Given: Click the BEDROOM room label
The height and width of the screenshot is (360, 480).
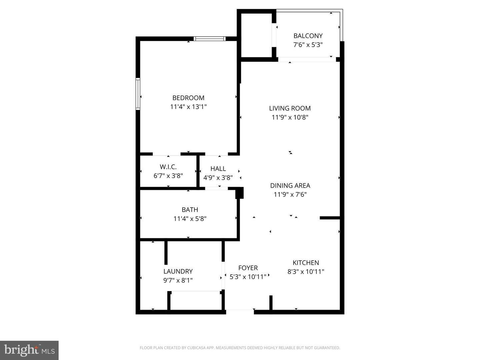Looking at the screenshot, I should click(x=188, y=98).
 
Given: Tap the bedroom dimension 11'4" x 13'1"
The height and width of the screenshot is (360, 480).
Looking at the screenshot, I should click(x=188, y=107).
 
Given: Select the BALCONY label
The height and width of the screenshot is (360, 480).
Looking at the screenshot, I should click(x=308, y=36).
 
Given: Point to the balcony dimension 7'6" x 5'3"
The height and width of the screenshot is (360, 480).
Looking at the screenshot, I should click(x=308, y=45).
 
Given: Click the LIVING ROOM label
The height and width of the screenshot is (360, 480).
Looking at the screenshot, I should click(x=290, y=108).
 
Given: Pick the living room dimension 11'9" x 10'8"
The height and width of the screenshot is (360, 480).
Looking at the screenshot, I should click(x=290, y=117).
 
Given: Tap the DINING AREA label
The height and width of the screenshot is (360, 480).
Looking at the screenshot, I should click(x=290, y=185).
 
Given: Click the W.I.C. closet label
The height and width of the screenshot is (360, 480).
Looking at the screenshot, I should click(x=168, y=167).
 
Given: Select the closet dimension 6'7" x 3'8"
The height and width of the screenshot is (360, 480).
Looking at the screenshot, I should click(x=168, y=176).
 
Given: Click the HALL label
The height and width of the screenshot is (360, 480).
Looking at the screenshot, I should click(x=218, y=169).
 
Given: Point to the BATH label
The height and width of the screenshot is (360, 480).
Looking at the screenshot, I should click(x=190, y=210).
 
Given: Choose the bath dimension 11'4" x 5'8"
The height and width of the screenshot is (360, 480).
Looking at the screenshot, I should click(x=190, y=219).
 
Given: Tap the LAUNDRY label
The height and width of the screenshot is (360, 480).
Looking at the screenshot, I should click(x=178, y=271).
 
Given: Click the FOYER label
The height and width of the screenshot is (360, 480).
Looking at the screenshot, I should click(x=248, y=268).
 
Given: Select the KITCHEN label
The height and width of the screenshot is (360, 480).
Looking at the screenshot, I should click(x=306, y=263).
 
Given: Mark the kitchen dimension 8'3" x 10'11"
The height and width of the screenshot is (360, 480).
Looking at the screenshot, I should click(x=306, y=272).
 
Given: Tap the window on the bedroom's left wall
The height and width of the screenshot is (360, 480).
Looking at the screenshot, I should click(x=138, y=94).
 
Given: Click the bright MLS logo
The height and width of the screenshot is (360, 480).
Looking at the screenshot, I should click(x=29, y=350).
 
